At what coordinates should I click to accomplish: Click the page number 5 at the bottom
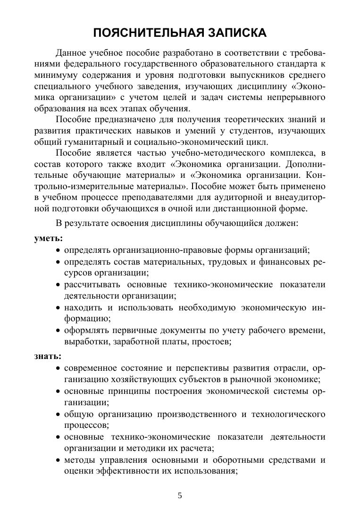[x=180, y=495]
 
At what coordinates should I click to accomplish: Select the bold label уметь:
[x=49, y=239]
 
